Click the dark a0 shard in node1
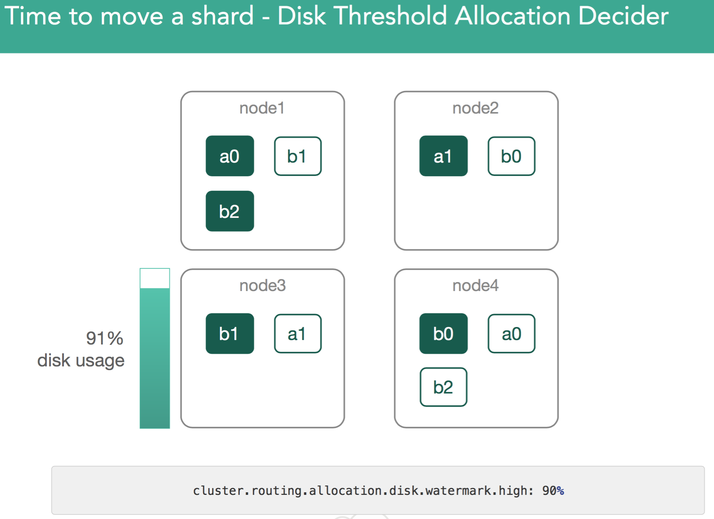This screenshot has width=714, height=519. tap(230, 156)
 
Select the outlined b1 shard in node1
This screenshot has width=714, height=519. tap(298, 156)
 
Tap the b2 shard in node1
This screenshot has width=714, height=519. tap(230, 211)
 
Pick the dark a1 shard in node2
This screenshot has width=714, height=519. tap(444, 156)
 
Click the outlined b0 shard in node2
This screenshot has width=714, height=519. tap(512, 156)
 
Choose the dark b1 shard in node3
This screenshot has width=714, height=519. tap(230, 333)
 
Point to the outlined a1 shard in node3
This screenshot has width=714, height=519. tap(298, 334)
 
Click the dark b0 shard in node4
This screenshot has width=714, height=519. tap(444, 333)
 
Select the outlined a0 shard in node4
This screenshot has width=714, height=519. tap(512, 334)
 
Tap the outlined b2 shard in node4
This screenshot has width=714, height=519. tap(444, 387)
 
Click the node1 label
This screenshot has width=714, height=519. tap(262, 108)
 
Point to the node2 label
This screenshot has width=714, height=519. tap(476, 108)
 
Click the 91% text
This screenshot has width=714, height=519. tap(105, 338)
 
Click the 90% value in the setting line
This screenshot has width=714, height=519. tap(553, 491)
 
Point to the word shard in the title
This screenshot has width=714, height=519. tap(222, 16)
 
